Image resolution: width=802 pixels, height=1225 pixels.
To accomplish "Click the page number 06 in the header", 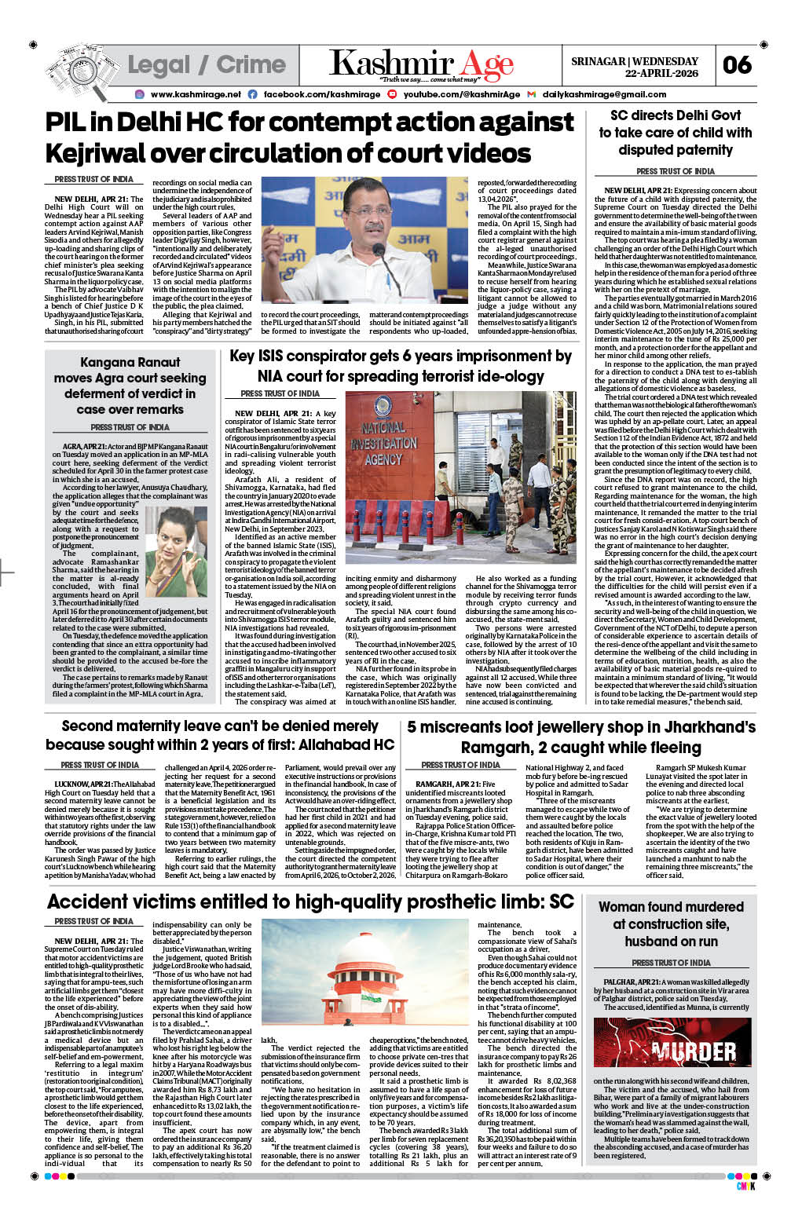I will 738,65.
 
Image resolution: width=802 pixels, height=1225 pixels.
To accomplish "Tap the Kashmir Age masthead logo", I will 421,64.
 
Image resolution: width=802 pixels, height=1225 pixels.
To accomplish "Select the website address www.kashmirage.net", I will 196,94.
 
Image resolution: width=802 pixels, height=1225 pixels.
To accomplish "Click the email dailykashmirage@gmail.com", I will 604,94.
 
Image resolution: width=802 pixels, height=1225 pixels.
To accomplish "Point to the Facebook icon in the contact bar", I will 253,94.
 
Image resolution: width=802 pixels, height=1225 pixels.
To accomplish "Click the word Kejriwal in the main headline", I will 96,153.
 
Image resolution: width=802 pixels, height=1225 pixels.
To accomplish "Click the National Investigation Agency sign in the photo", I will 383,444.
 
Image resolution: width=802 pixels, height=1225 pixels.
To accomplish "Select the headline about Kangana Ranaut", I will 130,386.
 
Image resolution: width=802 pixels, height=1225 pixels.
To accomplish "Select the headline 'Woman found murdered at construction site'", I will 671,923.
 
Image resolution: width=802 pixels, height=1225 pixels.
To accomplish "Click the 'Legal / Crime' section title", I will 207,65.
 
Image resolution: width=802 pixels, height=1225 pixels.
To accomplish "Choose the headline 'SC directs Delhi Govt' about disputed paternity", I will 675,132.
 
